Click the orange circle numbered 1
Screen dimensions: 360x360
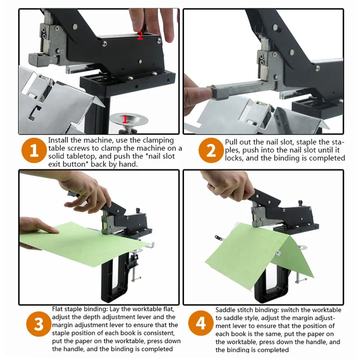click(x=34, y=150)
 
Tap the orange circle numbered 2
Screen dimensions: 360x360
click(x=211, y=150)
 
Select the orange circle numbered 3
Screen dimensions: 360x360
click(x=39, y=324)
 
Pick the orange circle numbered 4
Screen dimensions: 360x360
click(x=201, y=323)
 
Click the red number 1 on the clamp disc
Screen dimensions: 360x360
click(x=125, y=119)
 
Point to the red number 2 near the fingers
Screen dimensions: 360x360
click(x=140, y=36)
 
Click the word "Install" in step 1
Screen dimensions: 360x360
click(x=58, y=140)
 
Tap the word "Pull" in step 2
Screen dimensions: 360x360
click(x=231, y=142)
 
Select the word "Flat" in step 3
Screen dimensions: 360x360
click(x=58, y=309)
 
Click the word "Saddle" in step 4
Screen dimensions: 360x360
click(x=226, y=310)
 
